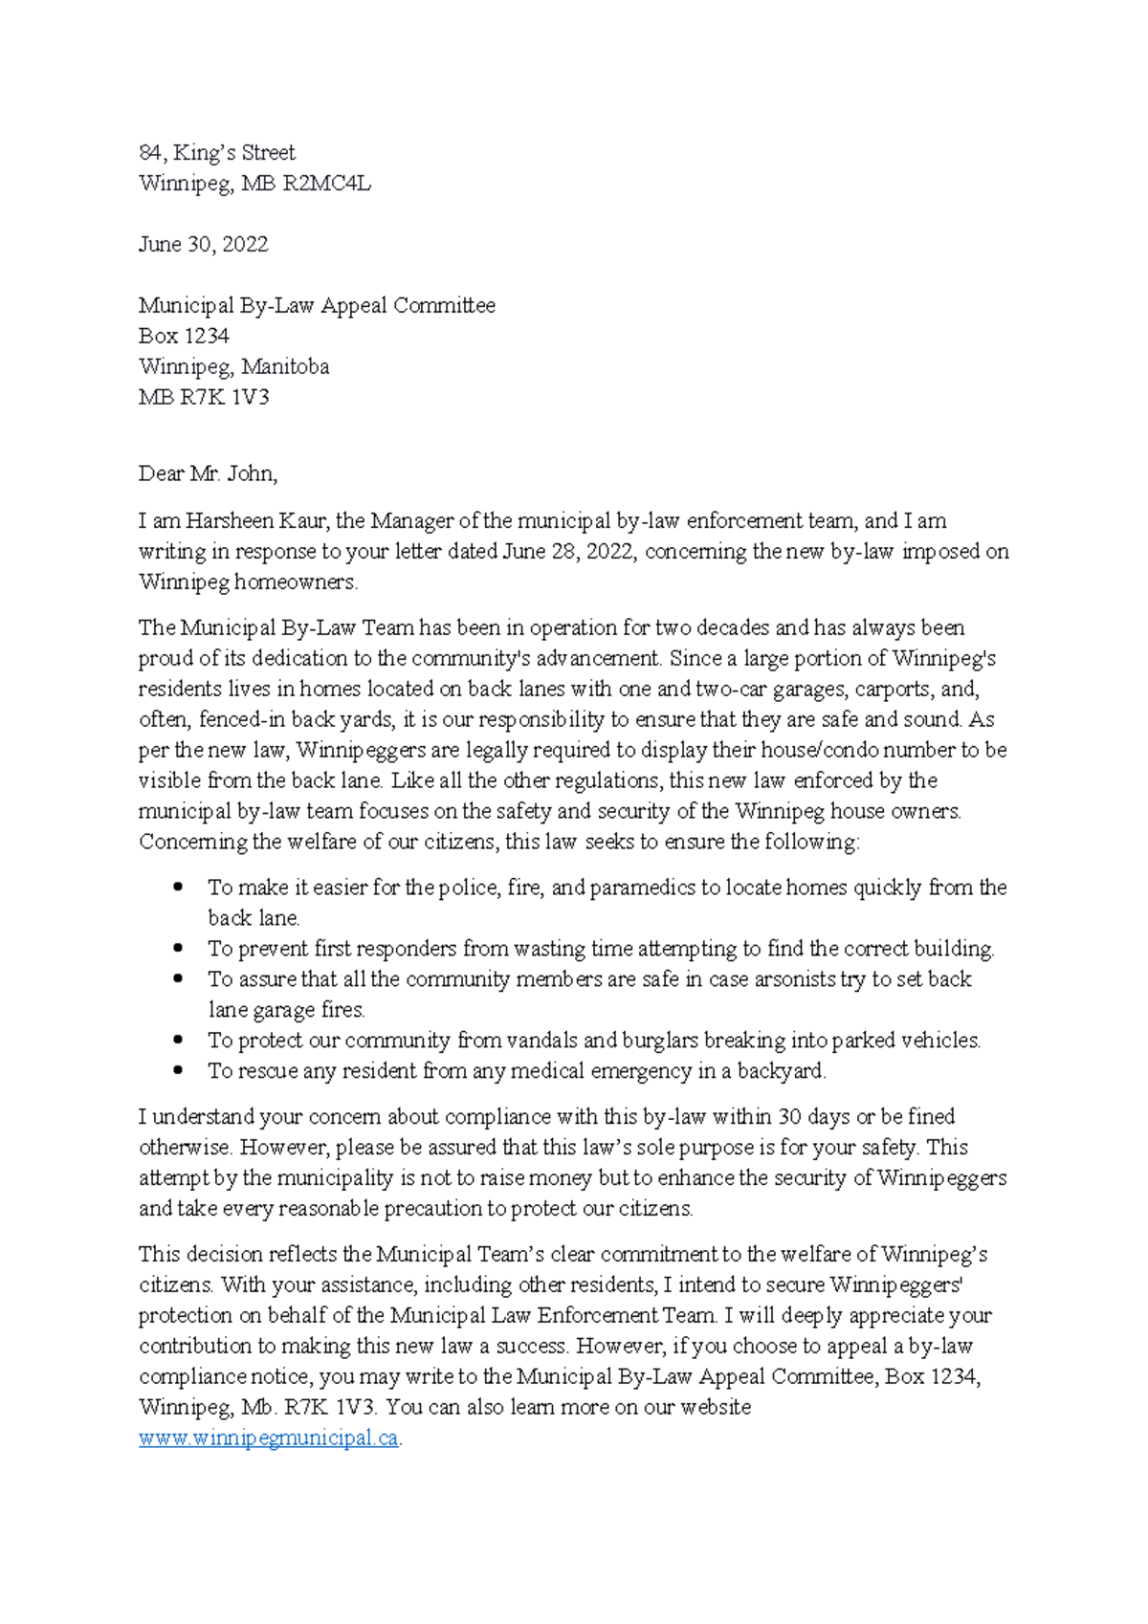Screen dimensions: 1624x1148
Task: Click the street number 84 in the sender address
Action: pyautogui.click(x=150, y=153)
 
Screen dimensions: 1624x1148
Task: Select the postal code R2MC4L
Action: pyautogui.click(x=326, y=184)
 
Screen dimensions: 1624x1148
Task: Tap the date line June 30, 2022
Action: pyautogui.click(x=203, y=245)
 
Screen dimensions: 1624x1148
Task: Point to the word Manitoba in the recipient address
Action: pyautogui.click(x=285, y=367)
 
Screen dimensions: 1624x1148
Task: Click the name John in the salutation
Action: pyautogui.click(x=251, y=474)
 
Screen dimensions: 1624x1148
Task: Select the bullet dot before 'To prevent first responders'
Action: pyautogui.click(x=179, y=949)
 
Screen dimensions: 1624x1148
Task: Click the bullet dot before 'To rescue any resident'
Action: pyautogui.click(x=179, y=1071)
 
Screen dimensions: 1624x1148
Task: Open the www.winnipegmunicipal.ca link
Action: pyautogui.click(x=268, y=1438)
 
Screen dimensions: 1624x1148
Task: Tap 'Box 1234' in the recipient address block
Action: pyautogui.click(x=184, y=337)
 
